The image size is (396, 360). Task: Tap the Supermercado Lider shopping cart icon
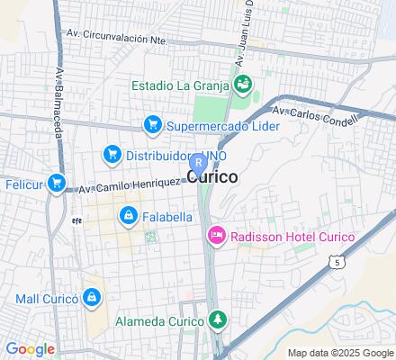click(153, 125)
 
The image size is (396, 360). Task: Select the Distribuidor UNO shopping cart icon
click(112, 155)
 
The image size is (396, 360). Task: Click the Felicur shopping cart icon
click(57, 184)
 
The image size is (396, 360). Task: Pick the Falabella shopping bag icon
click(128, 217)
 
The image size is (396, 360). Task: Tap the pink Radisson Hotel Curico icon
click(216, 237)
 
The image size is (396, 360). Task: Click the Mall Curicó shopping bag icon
click(91, 297)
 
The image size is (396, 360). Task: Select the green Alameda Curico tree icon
click(216, 319)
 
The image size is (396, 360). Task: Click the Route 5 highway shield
click(337, 263)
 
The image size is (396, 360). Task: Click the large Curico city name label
click(213, 177)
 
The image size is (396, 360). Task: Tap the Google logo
click(30, 349)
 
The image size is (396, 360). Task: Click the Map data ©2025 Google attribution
click(339, 353)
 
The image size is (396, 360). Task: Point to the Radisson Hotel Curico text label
click(292, 237)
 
